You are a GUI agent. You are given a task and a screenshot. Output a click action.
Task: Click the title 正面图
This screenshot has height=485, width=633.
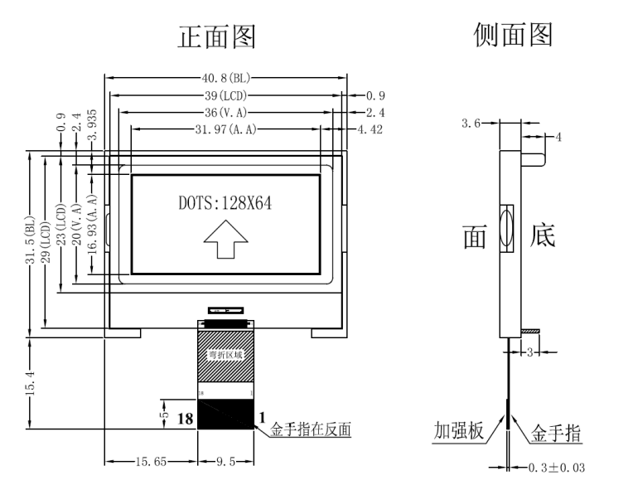pos(217,36)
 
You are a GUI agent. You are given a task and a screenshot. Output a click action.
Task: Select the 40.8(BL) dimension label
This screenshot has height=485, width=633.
pos(225,80)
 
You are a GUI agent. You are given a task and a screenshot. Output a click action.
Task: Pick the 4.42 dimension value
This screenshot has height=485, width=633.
pos(370,129)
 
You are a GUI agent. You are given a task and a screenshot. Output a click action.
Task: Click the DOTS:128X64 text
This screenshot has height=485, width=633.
pos(225,203)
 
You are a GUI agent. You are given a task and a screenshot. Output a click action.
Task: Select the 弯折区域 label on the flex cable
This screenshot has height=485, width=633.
pos(225,355)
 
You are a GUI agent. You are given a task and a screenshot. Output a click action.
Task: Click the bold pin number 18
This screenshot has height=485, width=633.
pos(186,420)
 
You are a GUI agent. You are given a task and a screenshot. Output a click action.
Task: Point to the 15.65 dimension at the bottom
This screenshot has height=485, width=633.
pos(150,461)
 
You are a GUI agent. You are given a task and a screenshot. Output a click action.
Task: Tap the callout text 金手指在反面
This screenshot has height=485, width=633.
pos(312,429)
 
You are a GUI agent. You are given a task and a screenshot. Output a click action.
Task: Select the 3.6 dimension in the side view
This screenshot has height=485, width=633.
pos(471,123)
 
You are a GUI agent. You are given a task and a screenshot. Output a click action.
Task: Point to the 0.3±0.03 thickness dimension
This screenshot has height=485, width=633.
pos(556,467)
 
